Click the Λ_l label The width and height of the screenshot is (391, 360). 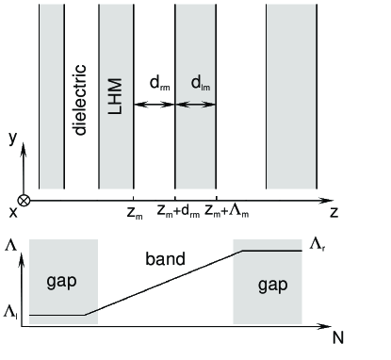[11, 312]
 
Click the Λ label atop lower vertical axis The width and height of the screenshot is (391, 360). [10, 245]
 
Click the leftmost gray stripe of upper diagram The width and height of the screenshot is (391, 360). [51, 94]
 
